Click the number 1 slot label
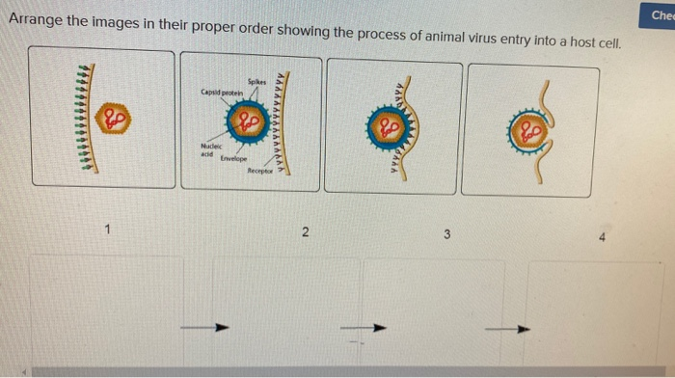(x=109, y=229)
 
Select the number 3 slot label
(x=446, y=234)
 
